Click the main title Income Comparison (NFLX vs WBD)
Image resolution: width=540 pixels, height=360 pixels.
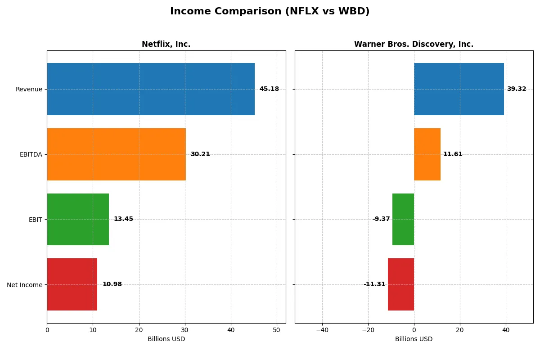coord(270,12)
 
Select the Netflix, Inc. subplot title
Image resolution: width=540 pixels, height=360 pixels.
coord(166,44)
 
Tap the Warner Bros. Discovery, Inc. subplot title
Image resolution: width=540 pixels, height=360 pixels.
coord(414,44)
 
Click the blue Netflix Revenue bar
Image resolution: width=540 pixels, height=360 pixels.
coord(151,89)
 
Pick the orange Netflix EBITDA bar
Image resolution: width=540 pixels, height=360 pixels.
coord(116,154)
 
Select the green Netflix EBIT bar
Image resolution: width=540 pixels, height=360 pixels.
coord(78,219)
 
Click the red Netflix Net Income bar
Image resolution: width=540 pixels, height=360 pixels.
coord(72,284)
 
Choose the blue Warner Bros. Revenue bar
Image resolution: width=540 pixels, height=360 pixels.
coord(459,89)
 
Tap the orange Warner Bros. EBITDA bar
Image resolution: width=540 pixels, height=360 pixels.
coord(427,154)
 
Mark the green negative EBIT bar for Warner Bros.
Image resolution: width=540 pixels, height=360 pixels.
coord(403,219)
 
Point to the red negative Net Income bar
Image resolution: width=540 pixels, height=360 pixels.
coord(401,284)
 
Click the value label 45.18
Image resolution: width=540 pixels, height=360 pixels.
coord(269,89)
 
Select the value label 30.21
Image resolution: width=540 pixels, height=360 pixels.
coord(200,154)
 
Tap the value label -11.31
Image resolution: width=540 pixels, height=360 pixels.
coord(374,284)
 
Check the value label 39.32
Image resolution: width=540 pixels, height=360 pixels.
coord(517,89)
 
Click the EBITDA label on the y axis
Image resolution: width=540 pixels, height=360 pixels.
coord(31,154)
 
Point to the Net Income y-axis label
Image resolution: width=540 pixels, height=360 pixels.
coord(25,285)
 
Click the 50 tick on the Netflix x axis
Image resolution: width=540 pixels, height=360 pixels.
coord(277,330)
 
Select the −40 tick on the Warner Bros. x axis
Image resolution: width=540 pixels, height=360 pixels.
coord(322,330)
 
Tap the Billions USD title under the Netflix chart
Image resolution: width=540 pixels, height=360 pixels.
coord(166,339)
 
